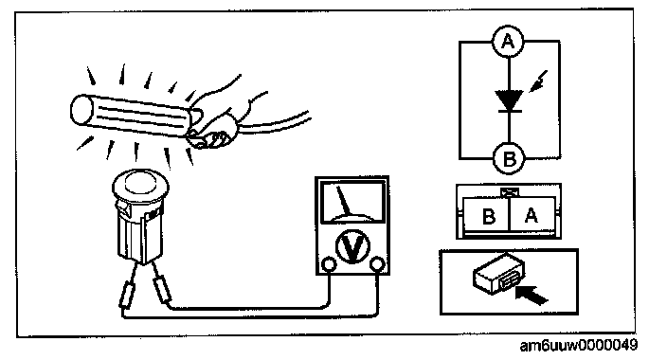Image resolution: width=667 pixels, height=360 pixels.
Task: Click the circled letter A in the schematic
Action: coord(508,42)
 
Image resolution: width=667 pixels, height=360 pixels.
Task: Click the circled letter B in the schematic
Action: coord(509,159)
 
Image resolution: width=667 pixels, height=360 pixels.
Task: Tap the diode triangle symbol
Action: coord(509,100)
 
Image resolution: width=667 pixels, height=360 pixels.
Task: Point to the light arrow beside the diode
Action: coord(538,81)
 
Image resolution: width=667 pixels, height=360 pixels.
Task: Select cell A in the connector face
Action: coord(532,215)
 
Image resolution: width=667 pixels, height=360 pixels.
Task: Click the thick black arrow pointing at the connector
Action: coord(532,295)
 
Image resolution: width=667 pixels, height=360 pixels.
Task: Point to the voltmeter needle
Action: coord(343,201)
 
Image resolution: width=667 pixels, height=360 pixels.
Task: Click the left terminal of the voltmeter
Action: coord(328,264)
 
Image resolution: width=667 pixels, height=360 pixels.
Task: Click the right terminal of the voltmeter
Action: coord(376,264)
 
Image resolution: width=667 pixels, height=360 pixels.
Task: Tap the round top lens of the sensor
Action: coord(141,181)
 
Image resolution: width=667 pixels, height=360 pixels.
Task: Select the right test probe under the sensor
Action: coord(161,289)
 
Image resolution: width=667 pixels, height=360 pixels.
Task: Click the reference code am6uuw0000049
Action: coord(579,345)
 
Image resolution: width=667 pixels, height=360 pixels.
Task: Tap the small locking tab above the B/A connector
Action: coord(509,192)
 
